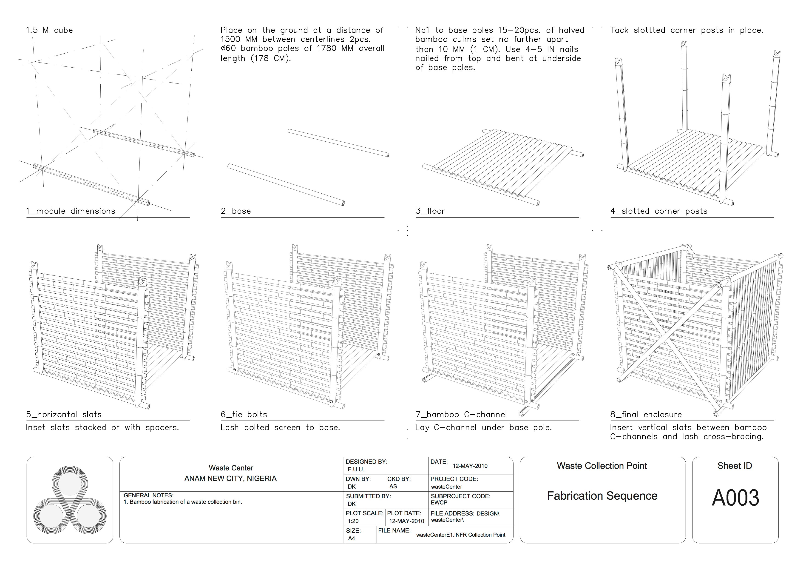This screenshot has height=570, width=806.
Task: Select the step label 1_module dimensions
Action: click(71, 211)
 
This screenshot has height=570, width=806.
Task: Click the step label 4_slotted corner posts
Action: click(658, 211)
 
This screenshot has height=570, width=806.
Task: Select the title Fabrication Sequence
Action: click(602, 496)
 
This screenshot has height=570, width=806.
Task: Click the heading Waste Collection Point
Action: click(602, 466)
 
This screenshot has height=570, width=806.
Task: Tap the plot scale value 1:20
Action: click(353, 521)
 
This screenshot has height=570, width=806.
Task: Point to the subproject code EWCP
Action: click(439, 503)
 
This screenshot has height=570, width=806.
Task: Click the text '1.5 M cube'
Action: click(49, 30)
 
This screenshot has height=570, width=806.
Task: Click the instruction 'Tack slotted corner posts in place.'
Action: click(687, 30)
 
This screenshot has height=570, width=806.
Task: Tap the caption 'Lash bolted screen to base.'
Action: click(280, 427)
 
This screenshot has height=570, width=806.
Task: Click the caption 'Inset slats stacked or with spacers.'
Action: click(102, 427)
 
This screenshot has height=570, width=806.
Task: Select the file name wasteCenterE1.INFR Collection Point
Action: click(461, 535)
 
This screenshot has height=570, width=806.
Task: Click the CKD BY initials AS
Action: click(393, 486)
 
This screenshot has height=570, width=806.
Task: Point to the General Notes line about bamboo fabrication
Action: click(182, 502)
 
